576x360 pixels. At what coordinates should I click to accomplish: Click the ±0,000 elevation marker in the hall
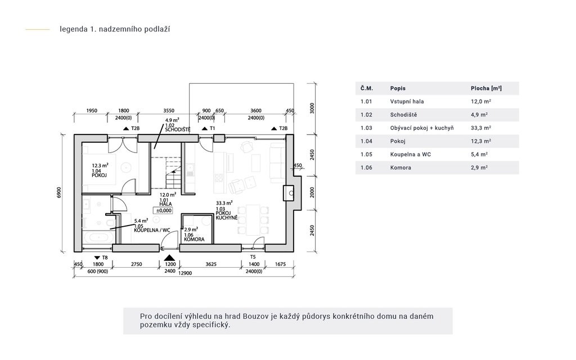[x=163, y=210]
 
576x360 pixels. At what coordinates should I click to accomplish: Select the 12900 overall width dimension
[x=184, y=273]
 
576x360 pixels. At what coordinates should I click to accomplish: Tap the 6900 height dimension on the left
[x=60, y=193]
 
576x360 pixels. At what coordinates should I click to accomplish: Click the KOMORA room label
[x=194, y=240]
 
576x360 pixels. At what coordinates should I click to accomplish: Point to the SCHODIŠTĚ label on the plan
[x=178, y=130]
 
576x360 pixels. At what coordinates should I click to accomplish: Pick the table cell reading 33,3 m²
[x=481, y=128]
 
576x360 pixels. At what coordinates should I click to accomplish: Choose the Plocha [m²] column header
[x=486, y=88]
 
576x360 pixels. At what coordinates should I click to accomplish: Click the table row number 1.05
[x=366, y=154]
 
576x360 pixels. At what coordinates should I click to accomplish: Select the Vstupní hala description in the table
[x=407, y=101]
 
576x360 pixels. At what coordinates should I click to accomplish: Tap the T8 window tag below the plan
[x=105, y=258]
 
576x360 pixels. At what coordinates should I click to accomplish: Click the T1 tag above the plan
[x=212, y=128]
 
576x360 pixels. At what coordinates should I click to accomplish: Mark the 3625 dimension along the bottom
[x=211, y=264]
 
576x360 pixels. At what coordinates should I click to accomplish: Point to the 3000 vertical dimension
[x=312, y=108]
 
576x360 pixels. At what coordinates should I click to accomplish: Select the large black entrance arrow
[x=169, y=258]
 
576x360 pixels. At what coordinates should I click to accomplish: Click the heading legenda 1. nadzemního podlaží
[x=115, y=29]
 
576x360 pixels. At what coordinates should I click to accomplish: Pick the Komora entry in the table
[x=400, y=168]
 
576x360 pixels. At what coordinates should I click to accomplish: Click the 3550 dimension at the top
[x=169, y=111]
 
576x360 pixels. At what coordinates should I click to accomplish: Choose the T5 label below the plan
[x=253, y=257]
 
